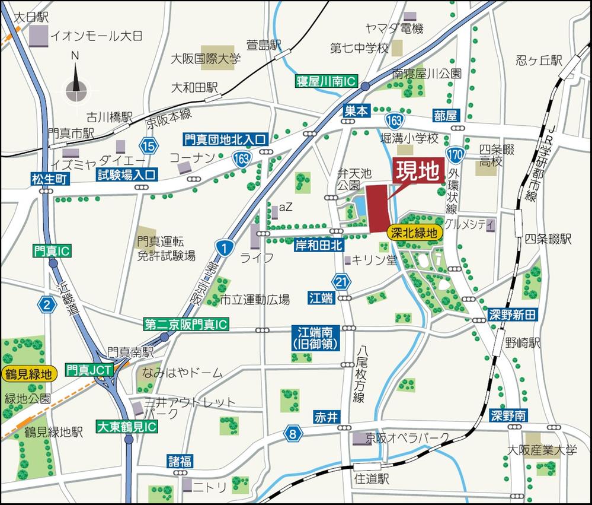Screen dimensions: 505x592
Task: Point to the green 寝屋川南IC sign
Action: click(x=327, y=83)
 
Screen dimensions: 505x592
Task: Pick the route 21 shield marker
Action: click(x=340, y=280)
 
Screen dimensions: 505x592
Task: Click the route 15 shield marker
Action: click(x=148, y=145)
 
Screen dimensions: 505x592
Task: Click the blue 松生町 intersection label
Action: click(x=52, y=178)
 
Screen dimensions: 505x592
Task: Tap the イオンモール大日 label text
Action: click(x=96, y=36)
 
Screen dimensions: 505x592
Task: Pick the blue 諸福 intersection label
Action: click(x=180, y=461)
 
